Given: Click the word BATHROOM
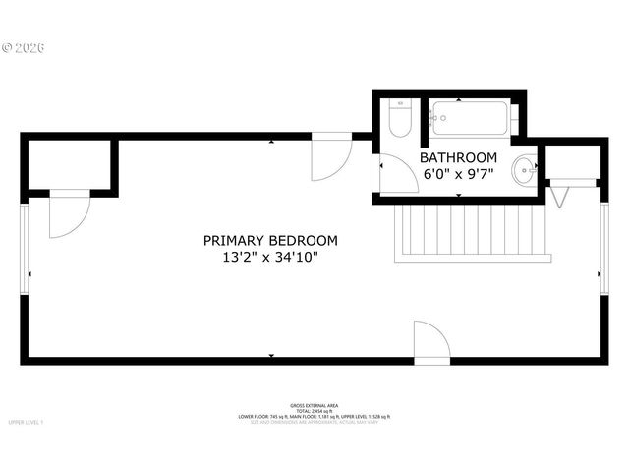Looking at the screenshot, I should coord(458,157).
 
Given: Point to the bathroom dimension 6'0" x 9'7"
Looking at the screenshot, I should coord(458,174).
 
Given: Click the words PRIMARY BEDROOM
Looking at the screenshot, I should coord(270,240).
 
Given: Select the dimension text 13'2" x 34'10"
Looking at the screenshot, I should coord(270,258).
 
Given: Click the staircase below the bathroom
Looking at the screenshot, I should coord(469,231).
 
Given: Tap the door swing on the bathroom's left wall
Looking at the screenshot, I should coord(395,174).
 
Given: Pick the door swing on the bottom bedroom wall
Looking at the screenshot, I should coord(430,342).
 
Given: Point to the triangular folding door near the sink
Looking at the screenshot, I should coord(560,196).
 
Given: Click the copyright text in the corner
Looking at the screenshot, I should coord(25,47).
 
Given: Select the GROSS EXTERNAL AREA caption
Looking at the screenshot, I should coord(314,405).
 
